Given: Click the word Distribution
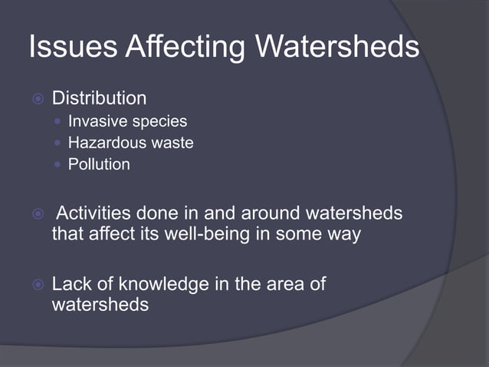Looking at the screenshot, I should (x=98, y=98).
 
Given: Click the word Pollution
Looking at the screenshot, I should (x=99, y=164).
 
